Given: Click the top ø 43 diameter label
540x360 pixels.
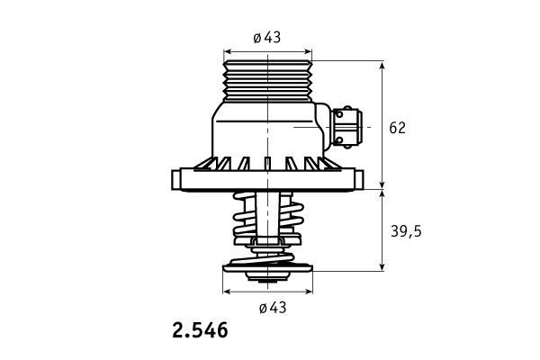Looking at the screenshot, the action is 267,37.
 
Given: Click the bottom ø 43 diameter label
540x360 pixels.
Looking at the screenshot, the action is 273,308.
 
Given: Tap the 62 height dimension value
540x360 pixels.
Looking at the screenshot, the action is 398,128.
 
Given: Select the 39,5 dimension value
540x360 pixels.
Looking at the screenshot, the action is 406,231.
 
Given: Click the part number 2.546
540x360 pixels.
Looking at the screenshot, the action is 200,330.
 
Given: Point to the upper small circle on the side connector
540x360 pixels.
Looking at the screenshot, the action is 339,113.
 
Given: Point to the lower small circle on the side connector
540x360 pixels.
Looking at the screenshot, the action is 339,140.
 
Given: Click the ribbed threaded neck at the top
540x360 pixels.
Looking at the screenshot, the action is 268,81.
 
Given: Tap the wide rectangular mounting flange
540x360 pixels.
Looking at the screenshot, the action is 267,179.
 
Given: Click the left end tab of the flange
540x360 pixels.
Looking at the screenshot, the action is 175,179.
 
